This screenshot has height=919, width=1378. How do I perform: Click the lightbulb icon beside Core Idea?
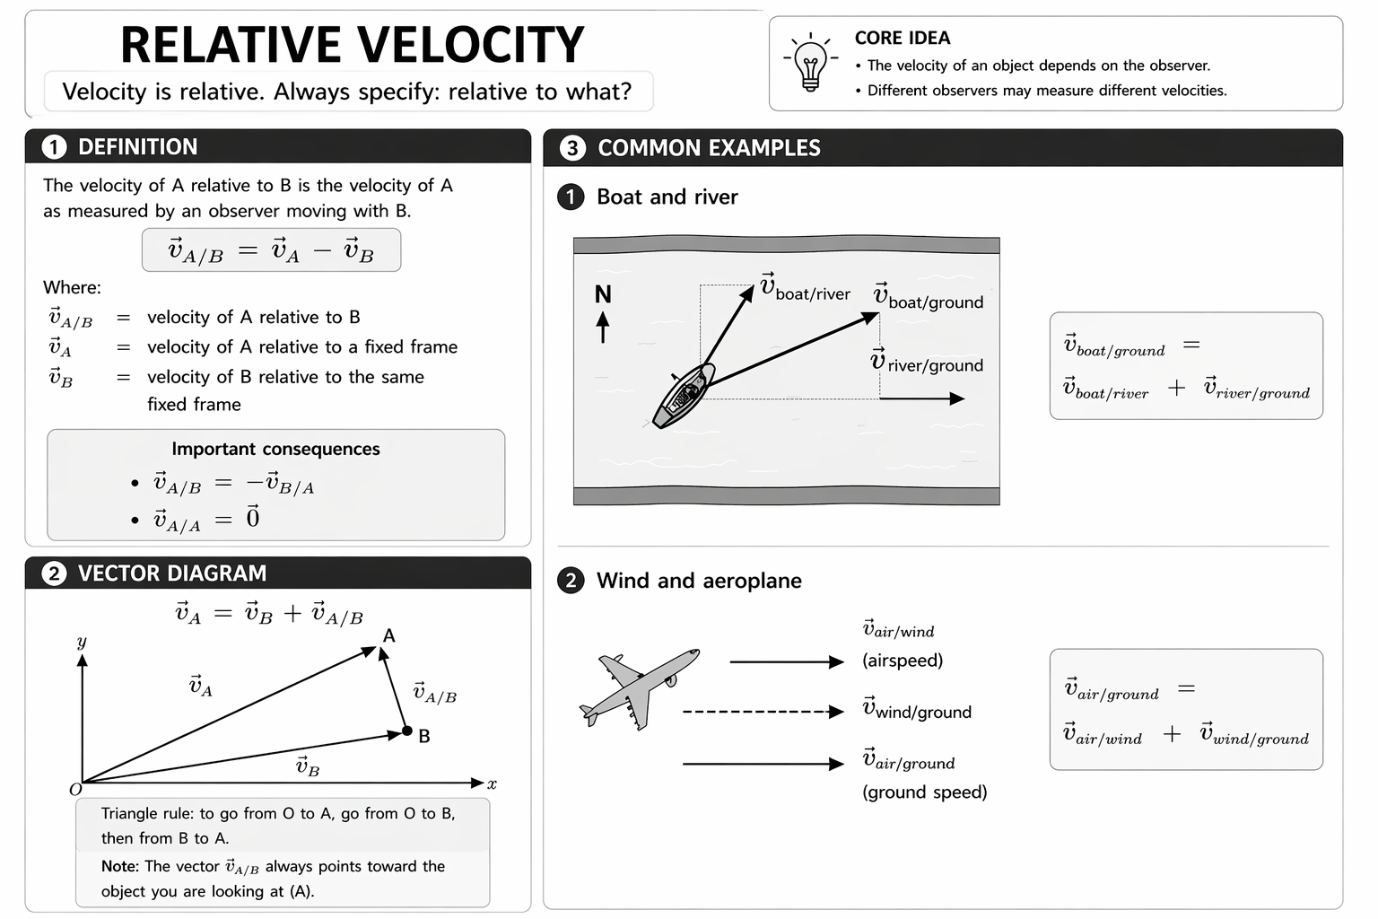[810, 64]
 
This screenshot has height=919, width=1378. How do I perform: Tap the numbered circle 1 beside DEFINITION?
[54, 147]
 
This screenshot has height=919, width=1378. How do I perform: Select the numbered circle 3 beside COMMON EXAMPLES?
[572, 148]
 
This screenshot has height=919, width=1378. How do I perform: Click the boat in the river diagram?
[685, 395]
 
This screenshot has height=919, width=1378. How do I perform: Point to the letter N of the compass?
[603, 294]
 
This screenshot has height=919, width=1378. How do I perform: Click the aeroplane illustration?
[638, 687]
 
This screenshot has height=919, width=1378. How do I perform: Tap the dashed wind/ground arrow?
[763, 712]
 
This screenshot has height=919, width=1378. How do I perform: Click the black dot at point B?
[407, 731]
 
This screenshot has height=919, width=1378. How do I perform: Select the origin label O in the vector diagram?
[75, 790]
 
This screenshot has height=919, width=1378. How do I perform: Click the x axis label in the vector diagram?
[492, 784]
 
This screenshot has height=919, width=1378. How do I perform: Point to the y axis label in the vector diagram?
[82, 642]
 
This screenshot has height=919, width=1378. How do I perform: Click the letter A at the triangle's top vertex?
[389, 635]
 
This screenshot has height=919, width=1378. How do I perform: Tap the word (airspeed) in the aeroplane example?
[903, 661]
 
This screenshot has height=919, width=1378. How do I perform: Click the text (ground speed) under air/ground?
[925, 792]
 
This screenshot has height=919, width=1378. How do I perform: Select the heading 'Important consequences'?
[275, 449]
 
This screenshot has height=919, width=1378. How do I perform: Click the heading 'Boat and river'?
[667, 197]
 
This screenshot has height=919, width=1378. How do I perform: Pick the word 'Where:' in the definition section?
[72, 287]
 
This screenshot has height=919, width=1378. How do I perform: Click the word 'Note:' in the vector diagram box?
[120, 866]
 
